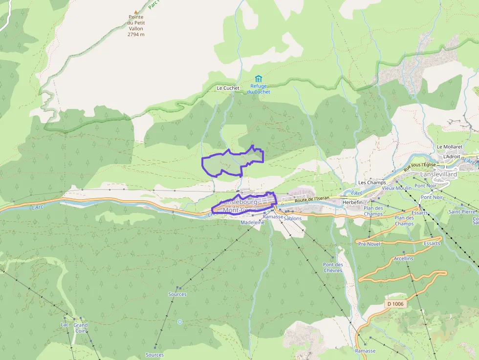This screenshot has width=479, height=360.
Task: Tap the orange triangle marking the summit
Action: pyautogui.click(x=136, y=12)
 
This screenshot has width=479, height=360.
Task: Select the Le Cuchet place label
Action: pyautogui.click(x=228, y=88)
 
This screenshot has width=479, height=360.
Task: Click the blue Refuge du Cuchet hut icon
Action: pyautogui.click(x=258, y=79)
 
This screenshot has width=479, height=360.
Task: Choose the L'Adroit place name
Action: pyautogui.click(x=452, y=156)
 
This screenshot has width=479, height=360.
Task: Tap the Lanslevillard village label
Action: pyautogui.click(x=438, y=174)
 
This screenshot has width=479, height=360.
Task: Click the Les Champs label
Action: pyautogui.click(x=372, y=183)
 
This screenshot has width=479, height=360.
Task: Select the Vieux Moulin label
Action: pyautogui.click(x=397, y=188)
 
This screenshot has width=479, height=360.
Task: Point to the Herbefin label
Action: pyautogui.click(x=352, y=202)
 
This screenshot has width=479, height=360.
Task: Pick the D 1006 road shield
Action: pyautogui.click(x=395, y=304)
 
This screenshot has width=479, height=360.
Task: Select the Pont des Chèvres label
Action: pyautogui.click(x=332, y=267)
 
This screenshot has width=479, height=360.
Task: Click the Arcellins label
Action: pyautogui.click(x=404, y=258)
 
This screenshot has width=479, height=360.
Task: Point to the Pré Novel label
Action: pyautogui.click(x=369, y=244)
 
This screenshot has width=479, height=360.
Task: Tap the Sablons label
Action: pyautogui.click(x=292, y=218)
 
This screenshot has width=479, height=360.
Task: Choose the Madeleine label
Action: pyautogui.click(x=252, y=222)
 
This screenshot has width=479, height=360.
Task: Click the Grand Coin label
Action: pyautogui.click(x=81, y=328)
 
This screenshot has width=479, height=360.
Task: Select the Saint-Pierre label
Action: pyautogui.click(x=462, y=212)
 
